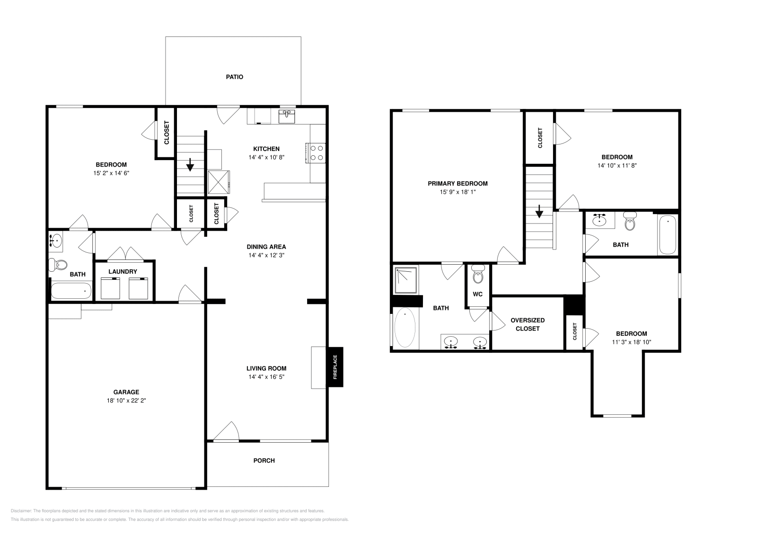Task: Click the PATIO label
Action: click(234, 77)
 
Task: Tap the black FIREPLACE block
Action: click(335, 367)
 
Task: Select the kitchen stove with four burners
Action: click(317, 153)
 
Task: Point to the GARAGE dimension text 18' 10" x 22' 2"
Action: click(126, 401)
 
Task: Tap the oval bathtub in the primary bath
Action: click(405, 328)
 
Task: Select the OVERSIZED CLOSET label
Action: click(528, 324)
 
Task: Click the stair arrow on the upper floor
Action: click(539, 212)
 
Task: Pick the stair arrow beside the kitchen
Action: click(190, 165)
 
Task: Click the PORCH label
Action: click(264, 460)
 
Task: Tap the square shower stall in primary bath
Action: click(406, 280)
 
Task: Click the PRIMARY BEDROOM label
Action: click(458, 184)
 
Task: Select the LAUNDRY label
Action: click(123, 272)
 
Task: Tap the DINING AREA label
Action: click(266, 247)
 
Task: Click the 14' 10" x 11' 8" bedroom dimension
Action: click(616, 166)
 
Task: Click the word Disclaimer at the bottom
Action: click(20, 511)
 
